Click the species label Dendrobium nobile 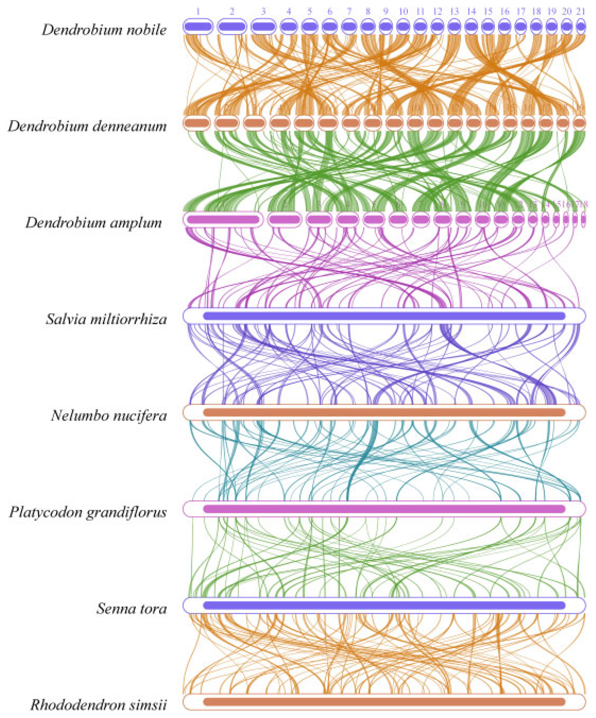pyautogui.click(x=104, y=30)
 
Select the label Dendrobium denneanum pyautogui.click(x=88, y=126)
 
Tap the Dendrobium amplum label pyautogui.click(x=94, y=223)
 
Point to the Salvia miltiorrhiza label pyautogui.click(x=106, y=319)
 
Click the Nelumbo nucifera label pyautogui.click(x=109, y=416)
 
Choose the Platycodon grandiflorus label pyautogui.click(x=88, y=512)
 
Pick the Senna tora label pyautogui.click(x=131, y=609)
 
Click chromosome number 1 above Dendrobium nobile pyautogui.click(x=198, y=12)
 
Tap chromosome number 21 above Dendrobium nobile pyautogui.click(x=581, y=12)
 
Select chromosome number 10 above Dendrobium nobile pyautogui.click(x=404, y=12)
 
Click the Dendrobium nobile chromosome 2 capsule pyautogui.click(x=232, y=26)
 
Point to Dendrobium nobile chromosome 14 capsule pyautogui.click(x=472, y=26)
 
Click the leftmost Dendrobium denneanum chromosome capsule pyautogui.click(x=196, y=123)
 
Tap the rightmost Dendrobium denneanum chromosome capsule pyautogui.click(x=580, y=123)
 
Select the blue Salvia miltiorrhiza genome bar pyautogui.click(x=384, y=316)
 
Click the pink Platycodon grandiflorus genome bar pyautogui.click(x=384, y=509)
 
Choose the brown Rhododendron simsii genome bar pyautogui.click(x=384, y=702)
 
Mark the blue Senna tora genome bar pyautogui.click(x=384, y=605)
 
